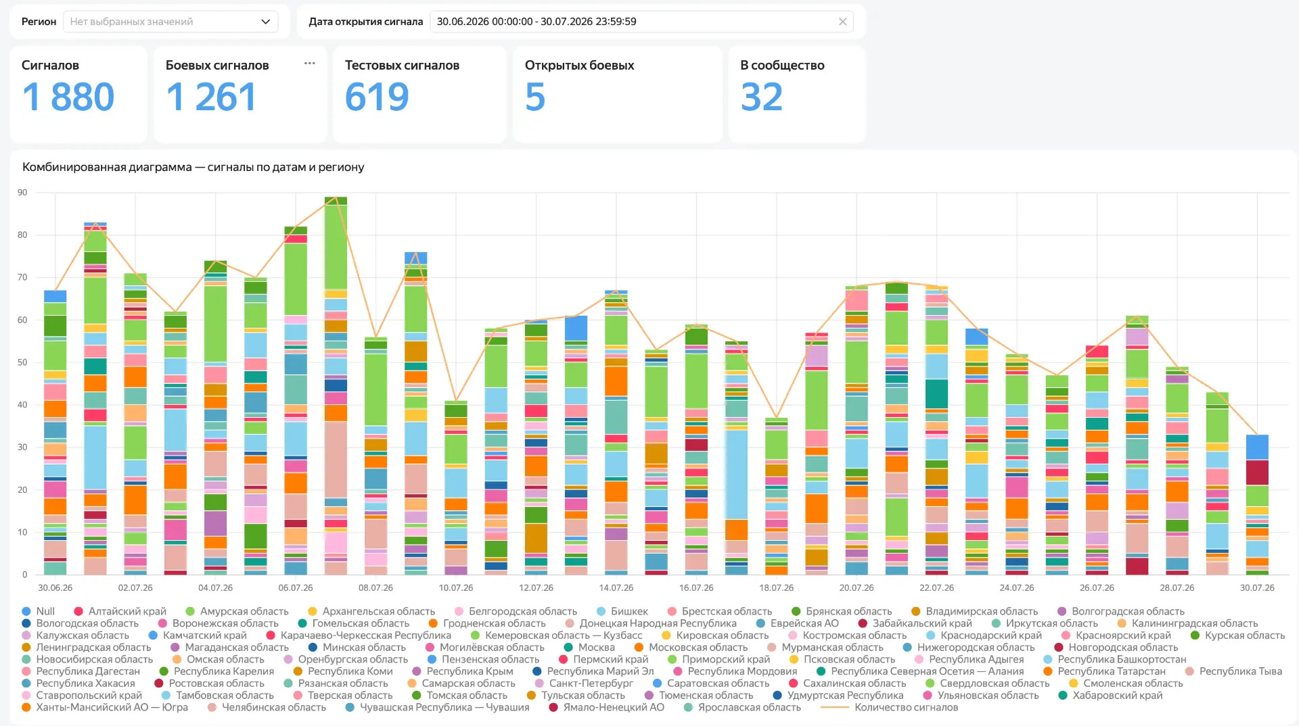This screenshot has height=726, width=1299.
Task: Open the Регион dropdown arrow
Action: (x=265, y=22)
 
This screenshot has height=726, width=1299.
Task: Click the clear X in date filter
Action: (x=842, y=22)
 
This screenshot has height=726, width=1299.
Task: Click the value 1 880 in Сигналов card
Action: (x=68, y=97)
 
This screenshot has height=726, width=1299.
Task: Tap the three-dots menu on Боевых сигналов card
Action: (x=310, y=64)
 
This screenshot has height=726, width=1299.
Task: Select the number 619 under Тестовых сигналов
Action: (x=377, y=97)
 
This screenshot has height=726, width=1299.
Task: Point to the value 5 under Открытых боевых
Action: (x=535, y=97)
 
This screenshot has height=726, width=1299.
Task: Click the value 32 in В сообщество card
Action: (x=762, y=97)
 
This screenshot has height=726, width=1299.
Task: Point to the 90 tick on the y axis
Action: (x=23, y=193)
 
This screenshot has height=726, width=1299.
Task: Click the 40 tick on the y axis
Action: (x=23, y=405)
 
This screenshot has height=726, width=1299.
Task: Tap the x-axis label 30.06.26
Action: (x=55, y=588)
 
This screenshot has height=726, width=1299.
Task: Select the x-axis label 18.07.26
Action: (x=777, y=588)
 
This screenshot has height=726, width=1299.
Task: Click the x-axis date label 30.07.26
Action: (x=1257, y=588)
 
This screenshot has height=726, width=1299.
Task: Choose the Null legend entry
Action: (x=39, y=612)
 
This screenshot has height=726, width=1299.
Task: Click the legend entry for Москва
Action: (x=589, y=648)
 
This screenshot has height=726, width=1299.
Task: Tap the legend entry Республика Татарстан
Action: (x=1105, y=671)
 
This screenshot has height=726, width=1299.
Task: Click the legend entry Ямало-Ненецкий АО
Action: (x=607, y=708)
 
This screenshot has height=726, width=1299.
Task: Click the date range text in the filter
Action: (x=537, y=22)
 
